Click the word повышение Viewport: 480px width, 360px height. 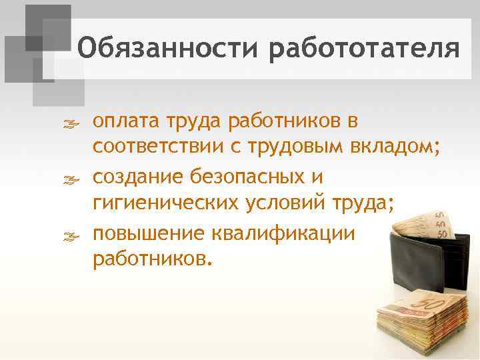pos(151,233)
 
